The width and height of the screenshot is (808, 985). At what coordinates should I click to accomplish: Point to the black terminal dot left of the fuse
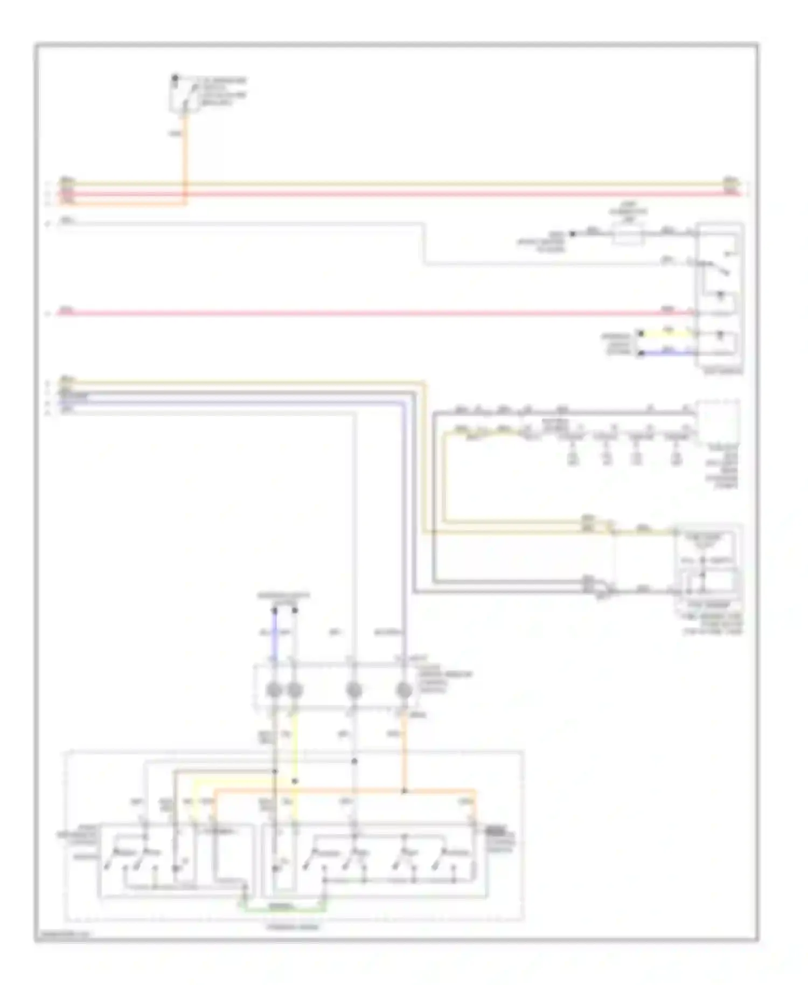point(573,234)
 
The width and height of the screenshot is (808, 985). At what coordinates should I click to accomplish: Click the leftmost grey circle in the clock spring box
point(274,690)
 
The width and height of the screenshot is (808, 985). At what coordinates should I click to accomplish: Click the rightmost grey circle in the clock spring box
point(403,690)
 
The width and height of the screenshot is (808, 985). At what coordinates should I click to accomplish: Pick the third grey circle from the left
point(353,690)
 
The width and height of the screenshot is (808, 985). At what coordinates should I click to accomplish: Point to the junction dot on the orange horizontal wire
point(403,792)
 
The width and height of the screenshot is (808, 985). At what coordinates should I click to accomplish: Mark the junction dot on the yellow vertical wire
point(295,781)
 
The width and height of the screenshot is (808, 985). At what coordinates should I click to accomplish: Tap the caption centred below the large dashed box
point(294,927)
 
